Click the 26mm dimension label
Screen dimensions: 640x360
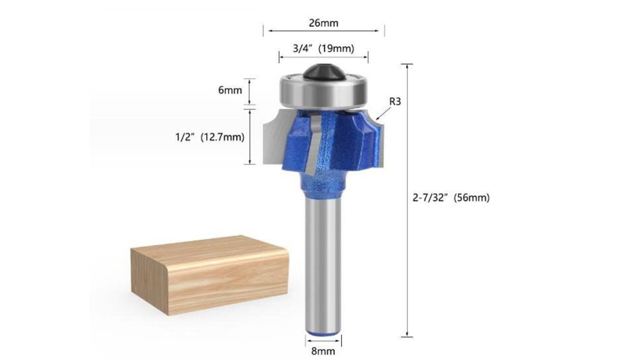pyautogui.click(x=323, y=23)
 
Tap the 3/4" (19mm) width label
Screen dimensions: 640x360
pyautogui.click(x=323, y=49)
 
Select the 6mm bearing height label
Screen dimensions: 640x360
pyautogui.click(x=230, y=90)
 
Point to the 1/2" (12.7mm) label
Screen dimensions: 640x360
pyautogui.click(x=210, y=137)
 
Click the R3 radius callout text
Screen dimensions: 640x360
pyautogui.click(x=395, y=101)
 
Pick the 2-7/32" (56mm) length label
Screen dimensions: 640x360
pyautogui.click(x=451, y=198)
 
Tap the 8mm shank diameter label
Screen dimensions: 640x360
pyautogui.click(x=323, y=351)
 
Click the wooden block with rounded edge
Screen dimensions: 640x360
pyautogui.click(x=209, y=275)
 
